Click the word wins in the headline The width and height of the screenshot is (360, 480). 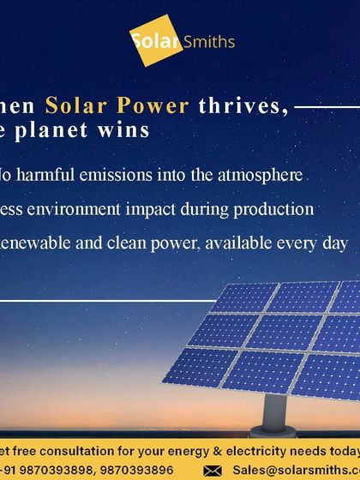pyautogui.click(x=128, y=130)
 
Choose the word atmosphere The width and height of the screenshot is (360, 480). pyautogui.click(x=262, y=175)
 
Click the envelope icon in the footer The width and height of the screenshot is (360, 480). pyautogui.click(x=214, y=471)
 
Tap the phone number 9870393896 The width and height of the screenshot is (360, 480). pyautogui.click(x=141, y=471)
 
